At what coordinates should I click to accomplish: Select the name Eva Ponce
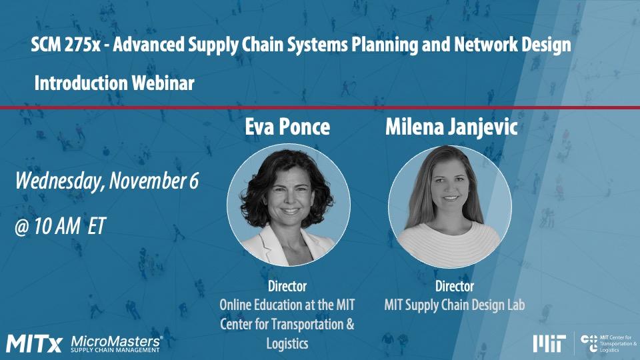click(288, 127)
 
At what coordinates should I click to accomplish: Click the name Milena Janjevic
click(451, 127)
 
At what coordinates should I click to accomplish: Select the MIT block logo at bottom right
click(549, 343)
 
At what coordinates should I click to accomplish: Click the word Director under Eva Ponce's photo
click(287, 287)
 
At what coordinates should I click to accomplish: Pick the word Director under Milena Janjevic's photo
click(454, 287)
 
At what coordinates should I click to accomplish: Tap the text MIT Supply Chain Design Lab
click(454, 305)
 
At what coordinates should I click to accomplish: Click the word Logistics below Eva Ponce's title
click(287, 343)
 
